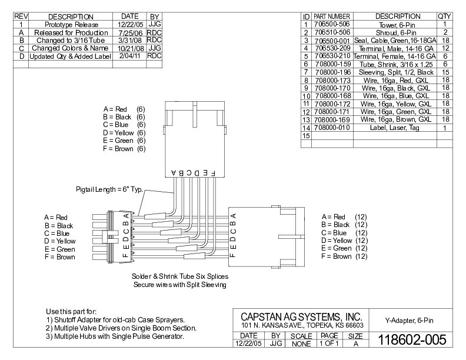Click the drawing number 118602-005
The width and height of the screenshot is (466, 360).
tap(411, 339)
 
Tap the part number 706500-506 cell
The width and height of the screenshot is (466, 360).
tap(332, 24)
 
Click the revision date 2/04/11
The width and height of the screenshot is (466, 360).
tap(128, 56)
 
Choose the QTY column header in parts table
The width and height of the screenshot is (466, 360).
tap(444, 16)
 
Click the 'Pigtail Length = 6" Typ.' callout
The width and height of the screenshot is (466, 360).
tap(110, 189)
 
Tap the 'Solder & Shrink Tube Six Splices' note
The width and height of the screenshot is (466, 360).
tap(180, 276)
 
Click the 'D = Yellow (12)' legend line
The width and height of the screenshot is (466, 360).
tap(344, 241)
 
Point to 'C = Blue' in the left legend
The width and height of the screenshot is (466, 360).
tap(56, 234)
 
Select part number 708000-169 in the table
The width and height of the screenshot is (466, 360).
tap(332, 119)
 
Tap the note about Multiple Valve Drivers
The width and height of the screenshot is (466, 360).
tap(121, 328)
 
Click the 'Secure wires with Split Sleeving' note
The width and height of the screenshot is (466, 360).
tap(180, 285)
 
